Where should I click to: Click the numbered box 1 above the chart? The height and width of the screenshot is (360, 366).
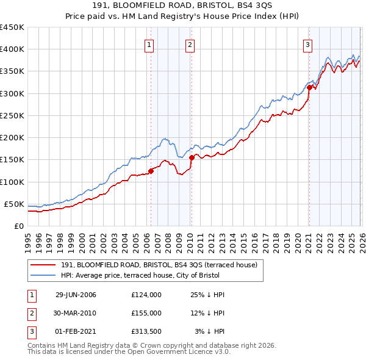149,44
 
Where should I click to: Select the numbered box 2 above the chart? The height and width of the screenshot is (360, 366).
190,44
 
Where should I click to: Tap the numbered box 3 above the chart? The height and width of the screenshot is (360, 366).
308,44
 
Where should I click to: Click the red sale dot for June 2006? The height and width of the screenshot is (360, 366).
151,171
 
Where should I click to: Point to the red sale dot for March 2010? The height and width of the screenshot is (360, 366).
191,157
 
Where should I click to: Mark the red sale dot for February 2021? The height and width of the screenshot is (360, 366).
309,87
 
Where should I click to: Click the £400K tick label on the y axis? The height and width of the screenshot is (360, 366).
12,49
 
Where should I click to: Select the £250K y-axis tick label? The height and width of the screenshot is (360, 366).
12,115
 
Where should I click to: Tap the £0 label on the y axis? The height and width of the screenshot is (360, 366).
18,226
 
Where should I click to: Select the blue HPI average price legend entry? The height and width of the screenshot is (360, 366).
155,276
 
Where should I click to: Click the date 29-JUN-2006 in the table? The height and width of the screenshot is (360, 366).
76,295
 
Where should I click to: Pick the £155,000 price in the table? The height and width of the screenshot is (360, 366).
146,313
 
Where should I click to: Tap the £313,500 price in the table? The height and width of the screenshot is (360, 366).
146,331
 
